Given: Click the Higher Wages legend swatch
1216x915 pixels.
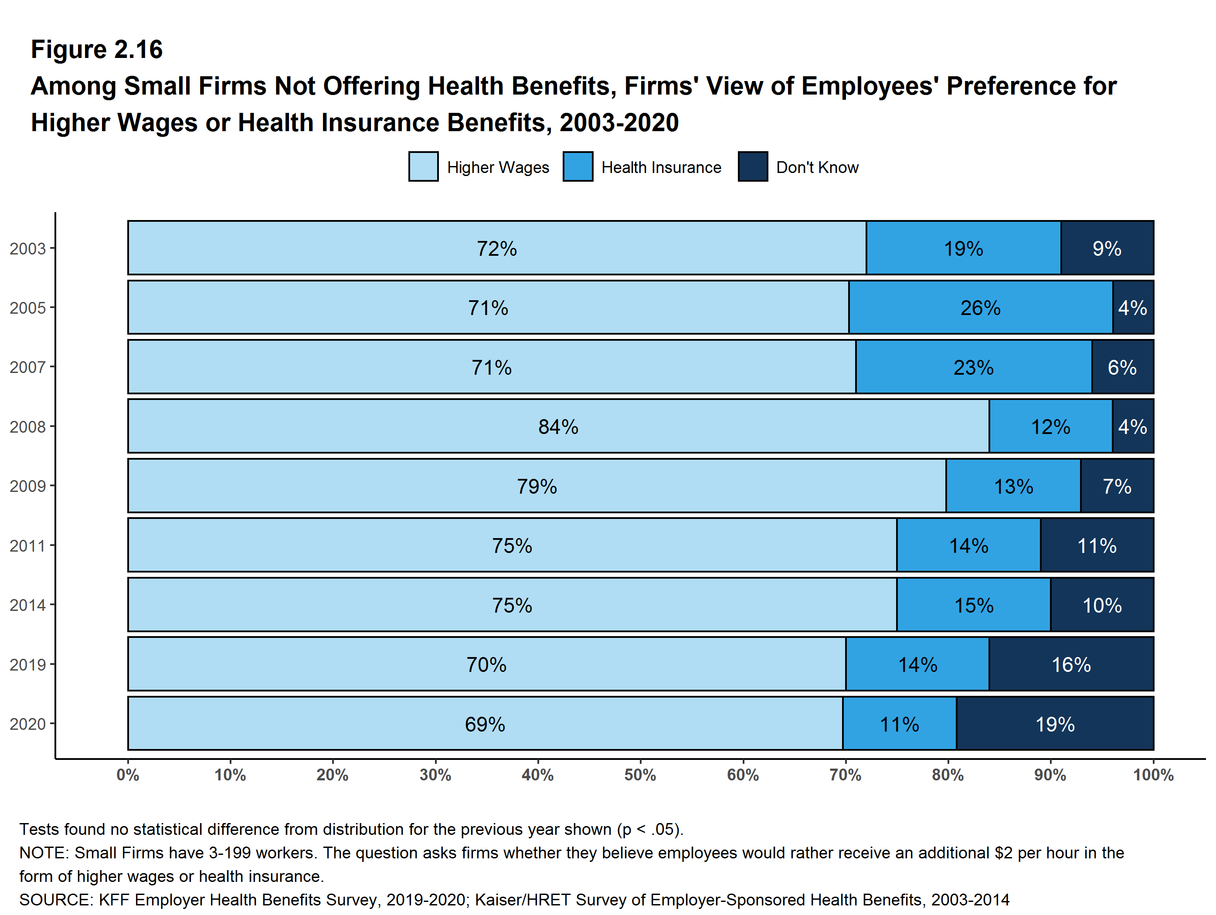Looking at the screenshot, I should tap(423, 166).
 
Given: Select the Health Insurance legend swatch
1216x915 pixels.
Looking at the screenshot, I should tap(578, 166).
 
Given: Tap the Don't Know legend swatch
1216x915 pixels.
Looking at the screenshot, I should tap(753, 166).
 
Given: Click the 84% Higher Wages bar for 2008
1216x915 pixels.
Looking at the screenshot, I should tap(558, 427).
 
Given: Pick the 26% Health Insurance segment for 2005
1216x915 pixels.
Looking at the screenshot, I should tap(980, 307).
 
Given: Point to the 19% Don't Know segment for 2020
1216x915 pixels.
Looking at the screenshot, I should tap(1054, 724).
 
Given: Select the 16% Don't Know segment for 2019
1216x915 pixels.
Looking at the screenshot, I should tap(1071, 664).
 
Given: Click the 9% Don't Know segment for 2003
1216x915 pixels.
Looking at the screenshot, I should tap(1107, 248).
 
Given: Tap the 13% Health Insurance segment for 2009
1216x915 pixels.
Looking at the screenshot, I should tap(1013, 486).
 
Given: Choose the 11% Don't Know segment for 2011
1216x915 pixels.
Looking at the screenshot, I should tap(1097, 545).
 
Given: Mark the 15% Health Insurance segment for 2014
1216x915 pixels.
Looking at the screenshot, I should tap(973, 605).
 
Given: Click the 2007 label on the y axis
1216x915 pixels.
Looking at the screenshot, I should tap(27, 367).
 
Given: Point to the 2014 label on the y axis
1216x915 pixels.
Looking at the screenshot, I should tap(27, 605).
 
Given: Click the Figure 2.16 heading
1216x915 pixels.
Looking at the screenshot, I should tap(97, 50).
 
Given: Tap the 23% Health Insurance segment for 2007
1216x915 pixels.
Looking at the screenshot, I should tap(973, 367).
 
